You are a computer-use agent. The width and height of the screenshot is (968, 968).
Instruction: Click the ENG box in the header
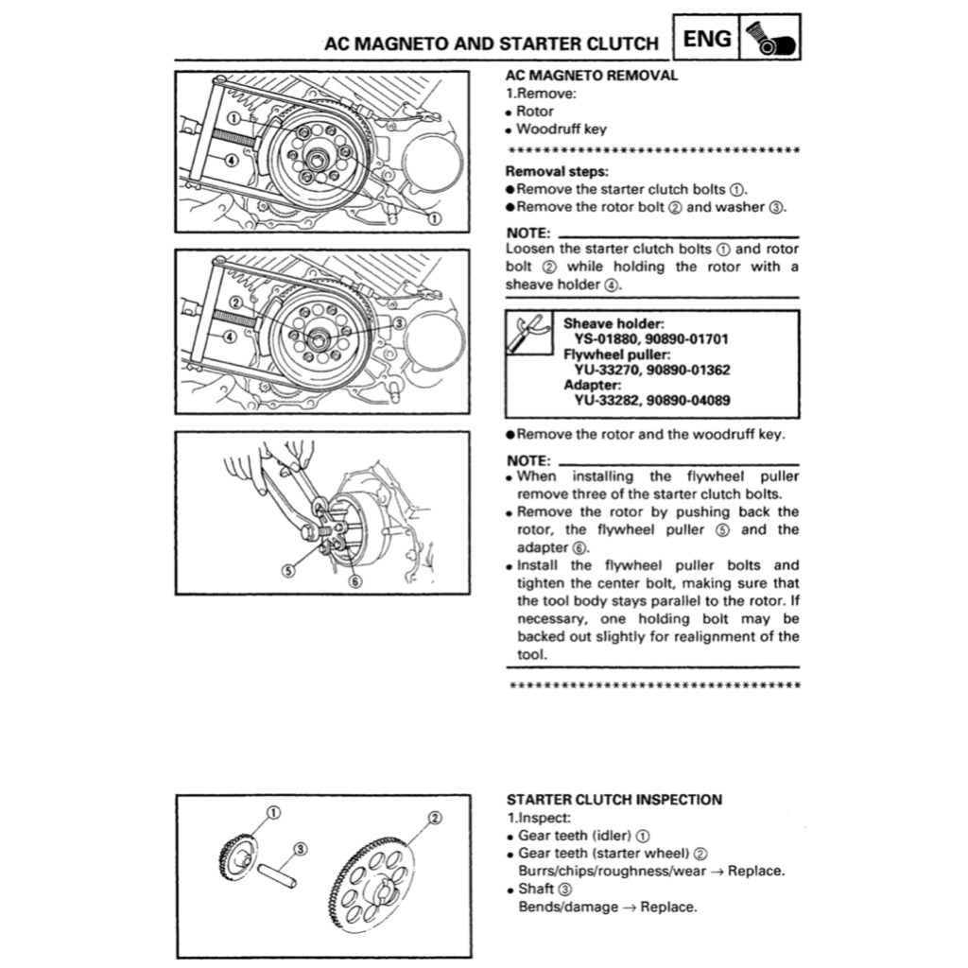(707, 39)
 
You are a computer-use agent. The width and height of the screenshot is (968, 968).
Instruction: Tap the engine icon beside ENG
(772, 39)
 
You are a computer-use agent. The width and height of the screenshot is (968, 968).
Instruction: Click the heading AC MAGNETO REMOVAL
(592, 76)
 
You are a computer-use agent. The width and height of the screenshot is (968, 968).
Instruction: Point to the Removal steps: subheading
(556, 171)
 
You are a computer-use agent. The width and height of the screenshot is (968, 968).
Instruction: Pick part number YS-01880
(607, 338)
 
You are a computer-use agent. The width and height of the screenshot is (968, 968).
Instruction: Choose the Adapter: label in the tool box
(593, 385)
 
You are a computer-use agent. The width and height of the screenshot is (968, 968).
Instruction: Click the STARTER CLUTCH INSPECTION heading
(614, 800)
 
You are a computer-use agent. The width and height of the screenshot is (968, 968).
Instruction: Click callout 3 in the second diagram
(398, 322)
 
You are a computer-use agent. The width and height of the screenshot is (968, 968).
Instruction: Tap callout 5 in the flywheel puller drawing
(288, 570)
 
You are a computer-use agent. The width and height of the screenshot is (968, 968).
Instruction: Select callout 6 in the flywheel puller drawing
(354, 581)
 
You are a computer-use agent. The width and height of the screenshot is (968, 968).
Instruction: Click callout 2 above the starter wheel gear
(435, 818)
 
